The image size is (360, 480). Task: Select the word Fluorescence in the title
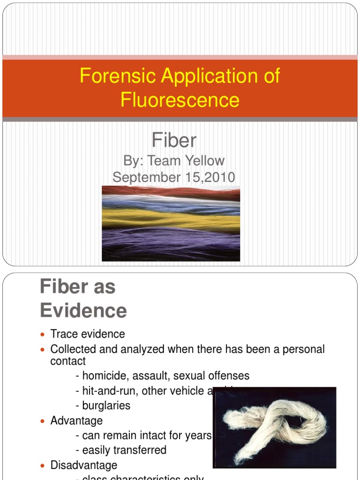coord(180,99)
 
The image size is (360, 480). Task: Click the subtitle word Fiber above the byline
coord(174,140)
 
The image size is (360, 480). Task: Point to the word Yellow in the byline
coord(203,161)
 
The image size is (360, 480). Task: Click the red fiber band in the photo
coord(171,192)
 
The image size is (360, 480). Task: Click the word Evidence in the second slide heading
coord(83,310)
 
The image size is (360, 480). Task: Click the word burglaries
coord(106,405)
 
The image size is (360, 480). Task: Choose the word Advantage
coord(76,420)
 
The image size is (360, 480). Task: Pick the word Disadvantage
coord(84,465)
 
